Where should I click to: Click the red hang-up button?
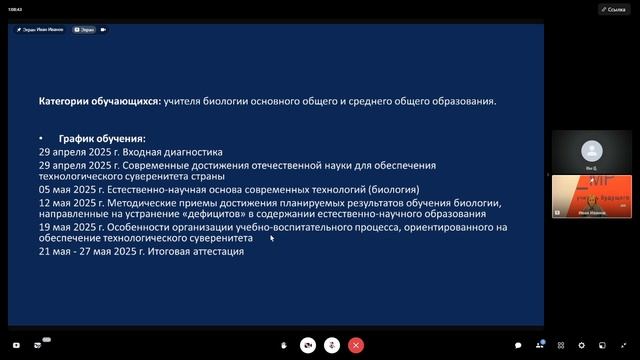click(355, 344)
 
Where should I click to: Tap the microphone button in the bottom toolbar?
click(331, 344)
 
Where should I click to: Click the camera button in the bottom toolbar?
click(308, 344)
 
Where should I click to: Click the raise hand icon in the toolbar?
click(284, 344)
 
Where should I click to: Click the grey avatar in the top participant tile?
click(593, 150)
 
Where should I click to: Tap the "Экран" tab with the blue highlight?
click(84, 30)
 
